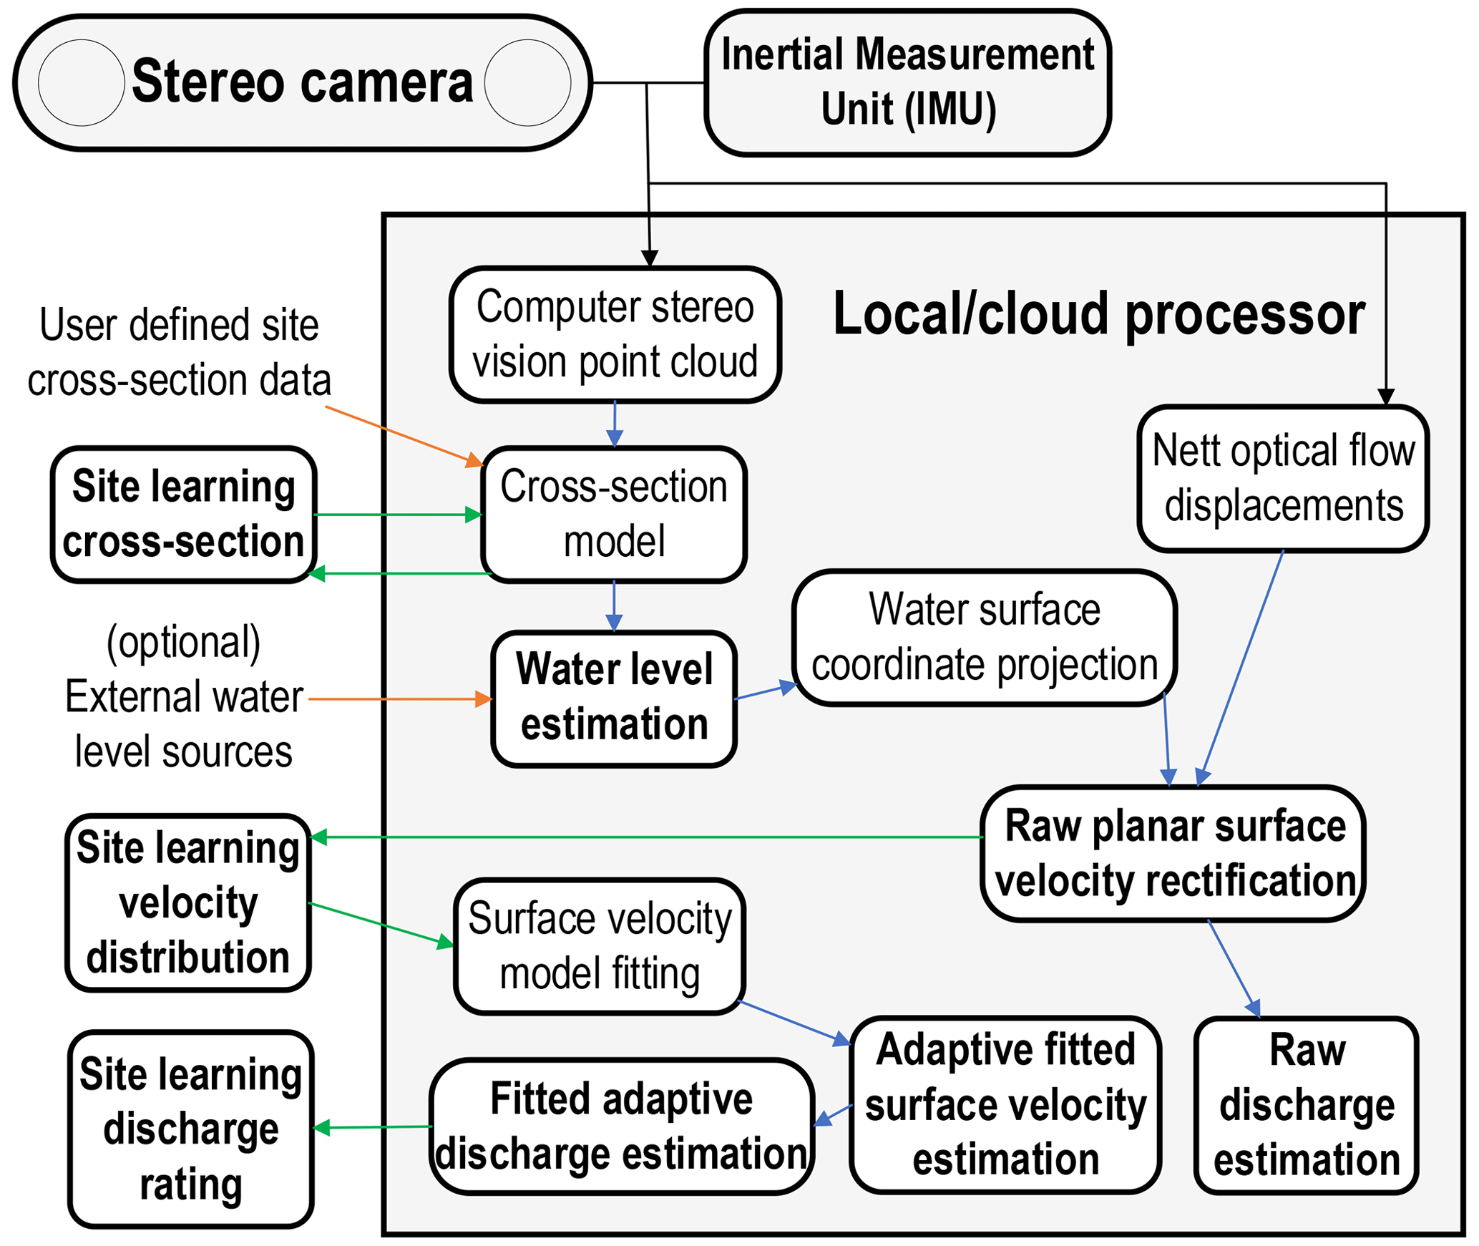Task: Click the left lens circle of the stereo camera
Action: [81, 83]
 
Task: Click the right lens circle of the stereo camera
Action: [527, 83]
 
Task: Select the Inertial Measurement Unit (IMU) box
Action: [907, 82]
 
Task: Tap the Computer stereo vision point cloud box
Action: [615, 334]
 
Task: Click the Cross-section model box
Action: [614, 514]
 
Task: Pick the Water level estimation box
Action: [614, 698]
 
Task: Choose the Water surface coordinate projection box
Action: [984, 637]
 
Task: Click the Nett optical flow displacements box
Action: [1282, 478]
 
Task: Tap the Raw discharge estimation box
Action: [1306, 1105]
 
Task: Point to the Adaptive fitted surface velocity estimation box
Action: [1005, 1105]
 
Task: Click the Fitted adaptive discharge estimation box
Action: [621, 1126]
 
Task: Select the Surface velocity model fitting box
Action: [600, 946]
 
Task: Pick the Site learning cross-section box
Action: [184, 514]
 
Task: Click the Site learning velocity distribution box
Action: [187, 902]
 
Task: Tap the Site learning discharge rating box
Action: [190, 1129]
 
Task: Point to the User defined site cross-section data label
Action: [179, 352]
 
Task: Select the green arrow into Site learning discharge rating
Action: [372, 1127]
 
